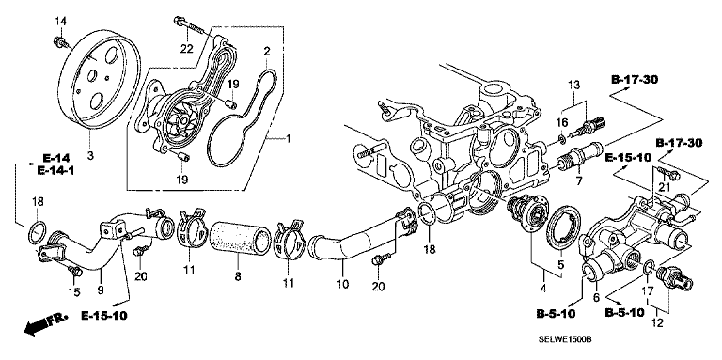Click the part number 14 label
coord(61,21)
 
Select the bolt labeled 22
coord(189,25)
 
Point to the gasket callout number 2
coord(266,50)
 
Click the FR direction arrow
coord(45,323)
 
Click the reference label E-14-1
coord(55,171)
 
